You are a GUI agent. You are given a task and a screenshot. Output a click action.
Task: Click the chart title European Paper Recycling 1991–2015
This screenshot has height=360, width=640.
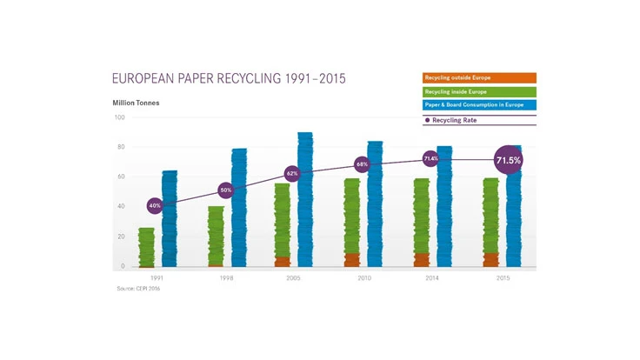[x=229, y=79]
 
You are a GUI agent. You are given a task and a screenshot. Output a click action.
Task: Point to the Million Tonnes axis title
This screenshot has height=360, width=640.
[x=136, y=103]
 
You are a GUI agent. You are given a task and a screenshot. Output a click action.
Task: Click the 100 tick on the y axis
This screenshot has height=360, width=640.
[x=119, y=117]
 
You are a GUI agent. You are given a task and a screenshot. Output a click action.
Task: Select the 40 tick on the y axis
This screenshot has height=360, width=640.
[x=121, y=207]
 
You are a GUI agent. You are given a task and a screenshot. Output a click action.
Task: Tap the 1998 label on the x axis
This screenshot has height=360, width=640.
[x=226, y=277]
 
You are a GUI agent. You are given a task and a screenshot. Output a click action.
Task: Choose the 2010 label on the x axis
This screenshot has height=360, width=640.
[x=363, y=277]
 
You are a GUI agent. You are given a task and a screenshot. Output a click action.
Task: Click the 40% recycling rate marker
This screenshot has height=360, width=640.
[x=155, y=206]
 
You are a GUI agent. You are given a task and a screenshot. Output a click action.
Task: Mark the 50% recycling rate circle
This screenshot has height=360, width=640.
[x=225, y=190]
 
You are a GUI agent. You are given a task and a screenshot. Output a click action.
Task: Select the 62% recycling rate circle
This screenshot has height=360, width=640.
[x=292, y=173]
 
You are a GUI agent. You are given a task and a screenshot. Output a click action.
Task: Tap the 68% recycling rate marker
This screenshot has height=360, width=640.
[x=362, y=164]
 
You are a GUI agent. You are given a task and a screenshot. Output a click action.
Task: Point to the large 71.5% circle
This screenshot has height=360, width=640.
[x=508, y=160]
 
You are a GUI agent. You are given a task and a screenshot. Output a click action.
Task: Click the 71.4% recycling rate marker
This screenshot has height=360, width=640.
[x=430, y=159]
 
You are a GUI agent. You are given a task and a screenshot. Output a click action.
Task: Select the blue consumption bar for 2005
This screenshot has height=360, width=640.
[x=305, y=200]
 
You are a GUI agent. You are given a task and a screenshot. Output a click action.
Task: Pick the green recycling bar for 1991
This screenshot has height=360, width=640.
[x=147, y=248]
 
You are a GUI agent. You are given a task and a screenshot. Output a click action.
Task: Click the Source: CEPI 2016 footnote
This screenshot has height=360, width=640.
[x=138, y=289]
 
